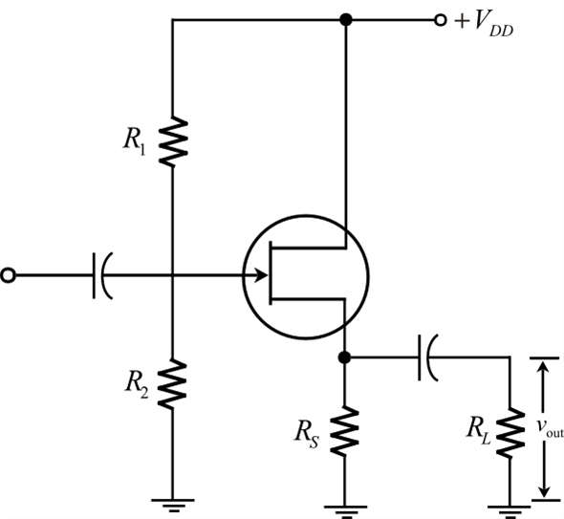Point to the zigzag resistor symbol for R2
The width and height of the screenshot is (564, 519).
pos(173,383)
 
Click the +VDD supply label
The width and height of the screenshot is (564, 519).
pos(488,21)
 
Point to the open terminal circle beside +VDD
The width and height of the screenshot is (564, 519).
pos(441,19)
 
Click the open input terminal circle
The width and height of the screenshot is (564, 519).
pos(9,275)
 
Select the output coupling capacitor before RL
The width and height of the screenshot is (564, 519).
pos(426,357)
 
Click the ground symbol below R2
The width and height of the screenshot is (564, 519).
pos(173,503)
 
